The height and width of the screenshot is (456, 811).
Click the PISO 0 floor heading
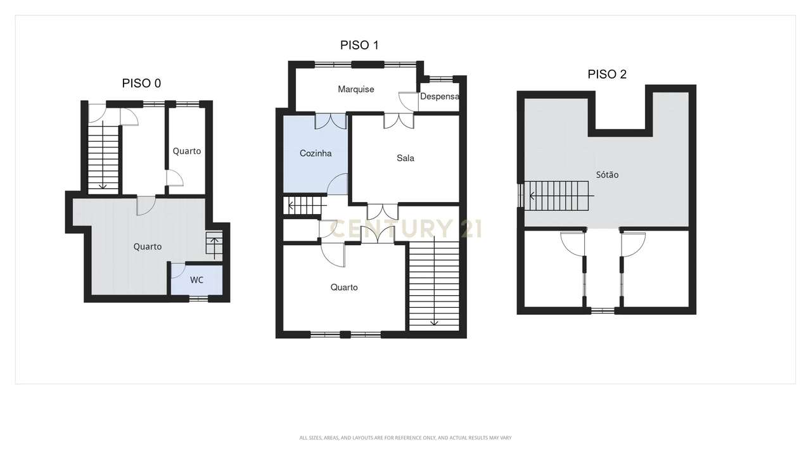pos(141,83)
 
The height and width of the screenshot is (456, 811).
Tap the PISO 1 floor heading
pos(359,45)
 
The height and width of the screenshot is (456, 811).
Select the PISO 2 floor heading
pos(607,74)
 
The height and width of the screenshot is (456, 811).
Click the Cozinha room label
pos(316,153)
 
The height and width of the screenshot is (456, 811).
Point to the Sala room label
pos(405,158)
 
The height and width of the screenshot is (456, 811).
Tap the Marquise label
pos(356,89)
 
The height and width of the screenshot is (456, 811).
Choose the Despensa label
pos(440,97)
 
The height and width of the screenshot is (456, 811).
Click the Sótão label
pos(607,175)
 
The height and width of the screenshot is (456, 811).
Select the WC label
pos(196,280)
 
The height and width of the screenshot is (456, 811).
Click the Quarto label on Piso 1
pos(344,288)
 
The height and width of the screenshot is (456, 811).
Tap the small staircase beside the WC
pos(214,243)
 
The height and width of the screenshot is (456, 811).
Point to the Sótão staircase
pos(556,196)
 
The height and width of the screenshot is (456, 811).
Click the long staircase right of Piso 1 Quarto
pos(434,283)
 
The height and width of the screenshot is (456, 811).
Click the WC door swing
pos(178,270)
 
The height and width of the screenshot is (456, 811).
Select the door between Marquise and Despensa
pos(409,102)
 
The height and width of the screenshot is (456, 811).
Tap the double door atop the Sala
pos(399,121)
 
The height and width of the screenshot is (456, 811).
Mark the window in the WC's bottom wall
pos(199,298)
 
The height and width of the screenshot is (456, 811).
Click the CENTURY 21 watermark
pos(405,229)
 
